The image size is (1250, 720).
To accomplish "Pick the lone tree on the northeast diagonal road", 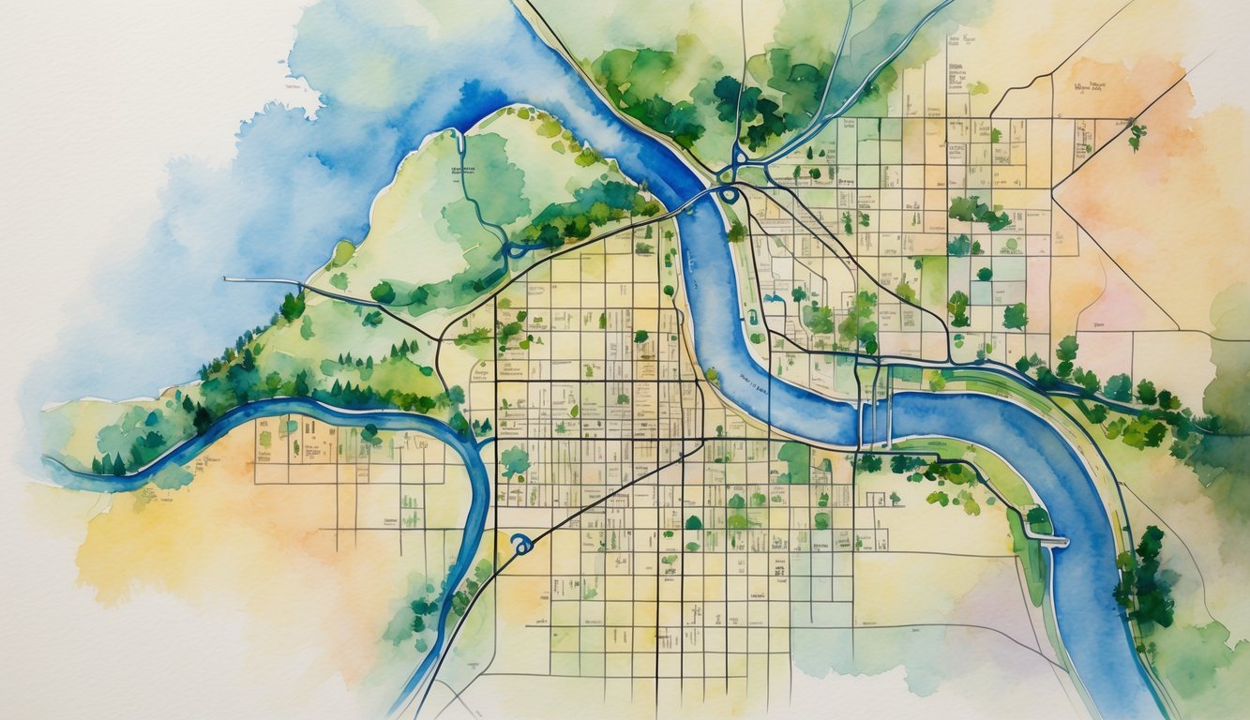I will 1137,133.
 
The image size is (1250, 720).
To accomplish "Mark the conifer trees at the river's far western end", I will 113,463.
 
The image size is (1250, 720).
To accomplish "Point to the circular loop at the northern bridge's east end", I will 729,194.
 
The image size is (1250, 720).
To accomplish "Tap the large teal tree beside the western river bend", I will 514,460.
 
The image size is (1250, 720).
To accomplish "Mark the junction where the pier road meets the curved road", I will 439,337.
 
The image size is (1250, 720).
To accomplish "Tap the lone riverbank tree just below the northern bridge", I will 736,231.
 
